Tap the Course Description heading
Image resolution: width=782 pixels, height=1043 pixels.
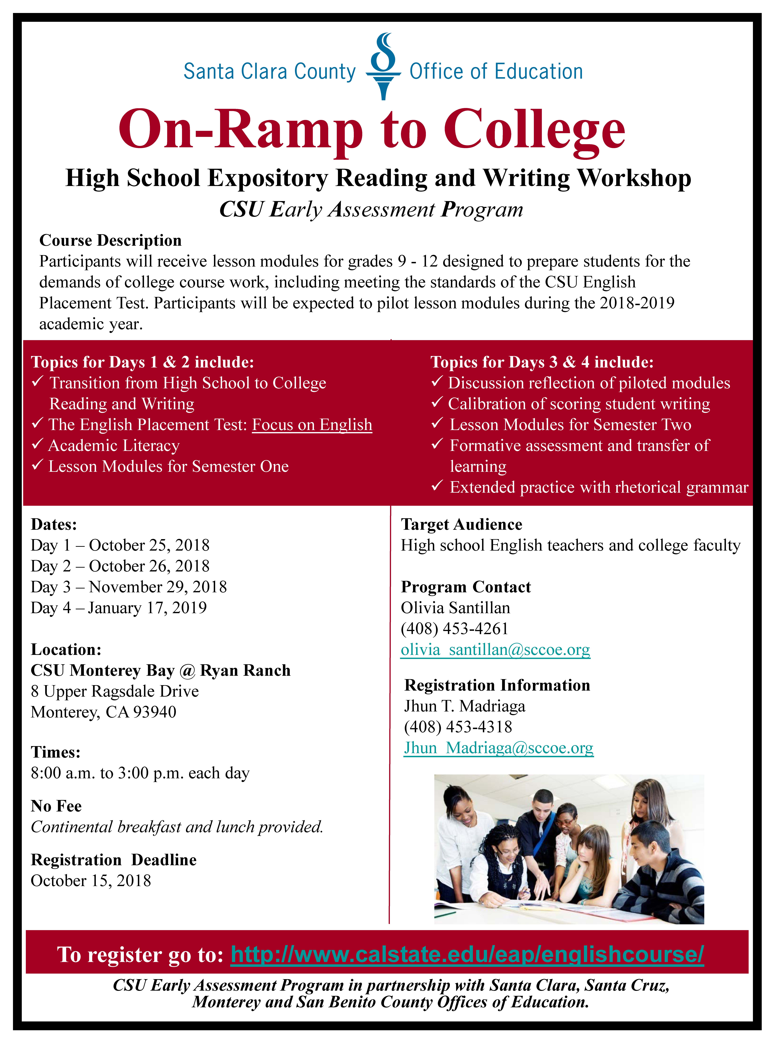110,240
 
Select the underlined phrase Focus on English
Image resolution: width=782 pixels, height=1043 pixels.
312,425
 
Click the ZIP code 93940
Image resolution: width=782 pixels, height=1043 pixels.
155,712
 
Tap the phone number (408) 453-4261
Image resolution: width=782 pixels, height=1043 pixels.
454,629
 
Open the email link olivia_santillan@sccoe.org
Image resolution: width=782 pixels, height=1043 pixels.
495,650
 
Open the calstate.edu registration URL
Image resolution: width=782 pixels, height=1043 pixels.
467,954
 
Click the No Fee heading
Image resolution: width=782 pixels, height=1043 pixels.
56,806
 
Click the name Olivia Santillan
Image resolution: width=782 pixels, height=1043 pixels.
455,608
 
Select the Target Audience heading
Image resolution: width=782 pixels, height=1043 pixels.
461,524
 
